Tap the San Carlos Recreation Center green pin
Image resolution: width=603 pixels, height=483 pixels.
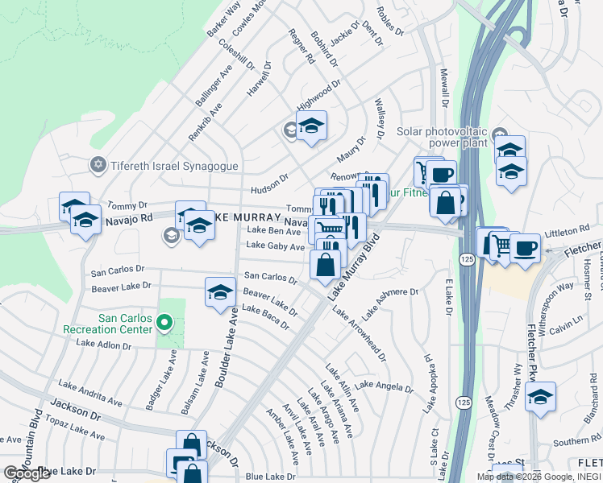click(165, 324)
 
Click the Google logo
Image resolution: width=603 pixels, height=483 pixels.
click(27, 473)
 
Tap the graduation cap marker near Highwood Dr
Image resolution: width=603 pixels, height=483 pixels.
click(311, 126)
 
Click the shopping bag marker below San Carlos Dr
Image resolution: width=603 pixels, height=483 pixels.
click(325, 265)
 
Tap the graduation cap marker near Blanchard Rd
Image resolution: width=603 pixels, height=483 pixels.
click(540, 397)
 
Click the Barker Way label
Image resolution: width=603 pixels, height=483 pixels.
click(223, 19)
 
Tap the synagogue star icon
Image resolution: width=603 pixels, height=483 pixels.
click(98, 165)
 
